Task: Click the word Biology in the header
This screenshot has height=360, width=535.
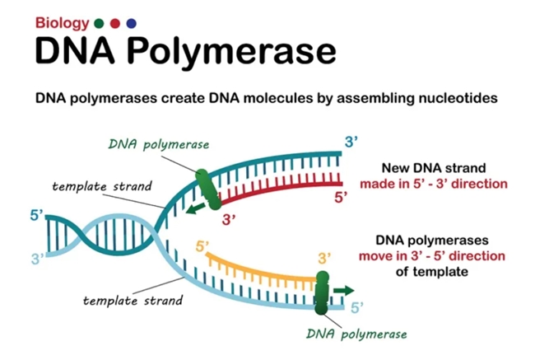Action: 62,24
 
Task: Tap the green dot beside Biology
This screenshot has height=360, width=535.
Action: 99,23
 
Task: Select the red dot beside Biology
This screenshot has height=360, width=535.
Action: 115,23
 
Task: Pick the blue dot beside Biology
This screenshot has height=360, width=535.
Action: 132,23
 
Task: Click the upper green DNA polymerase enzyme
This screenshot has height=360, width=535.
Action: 208,189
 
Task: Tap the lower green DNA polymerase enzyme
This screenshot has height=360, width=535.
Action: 321,292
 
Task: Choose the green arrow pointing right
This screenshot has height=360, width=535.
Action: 343,291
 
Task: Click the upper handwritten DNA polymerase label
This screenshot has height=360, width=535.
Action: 159,145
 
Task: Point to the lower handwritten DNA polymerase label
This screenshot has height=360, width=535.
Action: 356,334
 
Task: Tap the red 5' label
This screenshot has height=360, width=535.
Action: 341,198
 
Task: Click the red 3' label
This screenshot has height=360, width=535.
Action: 229,220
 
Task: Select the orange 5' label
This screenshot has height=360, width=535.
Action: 202,246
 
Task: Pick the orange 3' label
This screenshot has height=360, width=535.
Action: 324,259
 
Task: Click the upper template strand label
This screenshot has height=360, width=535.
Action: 102,186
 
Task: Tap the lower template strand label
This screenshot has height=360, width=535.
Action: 133,301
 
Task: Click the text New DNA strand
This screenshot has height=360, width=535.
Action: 434,168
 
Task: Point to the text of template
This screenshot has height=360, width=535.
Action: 432,272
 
